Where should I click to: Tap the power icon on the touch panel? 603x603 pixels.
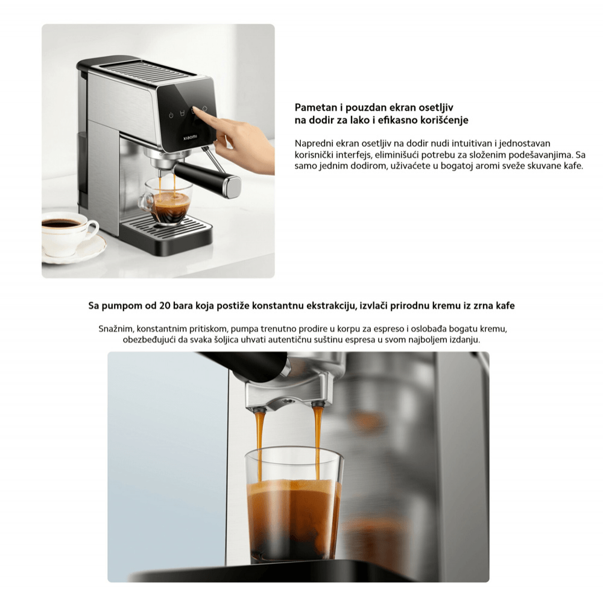(171, 115)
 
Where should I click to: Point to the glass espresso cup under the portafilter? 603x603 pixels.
(166, 201)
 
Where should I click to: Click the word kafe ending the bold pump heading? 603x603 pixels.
(505, 306)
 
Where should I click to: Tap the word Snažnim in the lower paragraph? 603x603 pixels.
(116, 329)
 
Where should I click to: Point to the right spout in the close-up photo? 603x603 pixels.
(317, 404)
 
